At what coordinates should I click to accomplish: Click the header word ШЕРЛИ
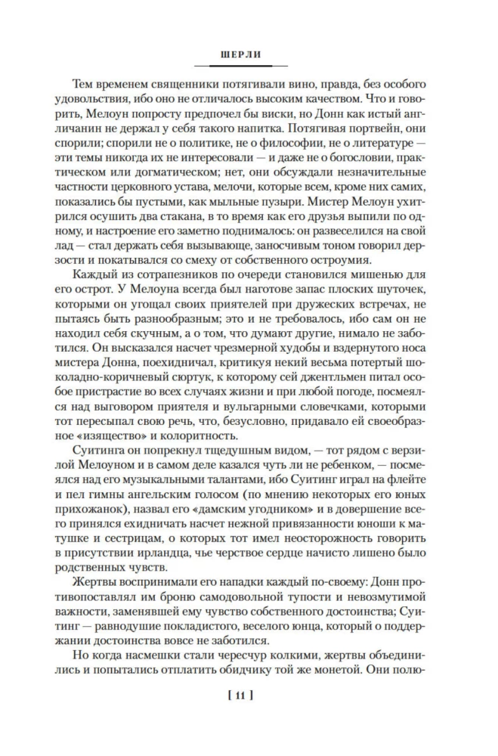click(249, 54)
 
